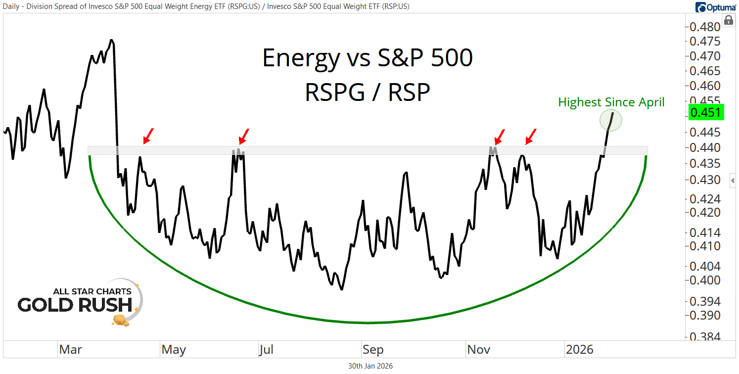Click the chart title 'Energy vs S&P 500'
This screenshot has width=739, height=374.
(x=367, y=58)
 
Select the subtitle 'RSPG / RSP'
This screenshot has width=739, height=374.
(x=367, y=92)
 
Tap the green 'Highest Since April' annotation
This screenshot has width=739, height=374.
(x=611, y=102)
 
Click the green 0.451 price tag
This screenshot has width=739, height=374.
(x=706, y=112)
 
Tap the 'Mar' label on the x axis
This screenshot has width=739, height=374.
(x=70, y=350)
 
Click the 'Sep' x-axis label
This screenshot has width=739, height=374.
(x=372, y=350)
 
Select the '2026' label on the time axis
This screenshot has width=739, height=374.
(x=579, y=350)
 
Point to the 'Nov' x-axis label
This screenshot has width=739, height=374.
(x=479, y=350)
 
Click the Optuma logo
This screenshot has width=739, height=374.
(x=715, y=7)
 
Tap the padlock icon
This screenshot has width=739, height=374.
(x=728, y=20)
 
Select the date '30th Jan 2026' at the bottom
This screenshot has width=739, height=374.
(x=370, y=366)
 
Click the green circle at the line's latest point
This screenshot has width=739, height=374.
(x=611, y=120)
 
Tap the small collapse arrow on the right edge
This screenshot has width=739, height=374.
(x=733, y=181)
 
